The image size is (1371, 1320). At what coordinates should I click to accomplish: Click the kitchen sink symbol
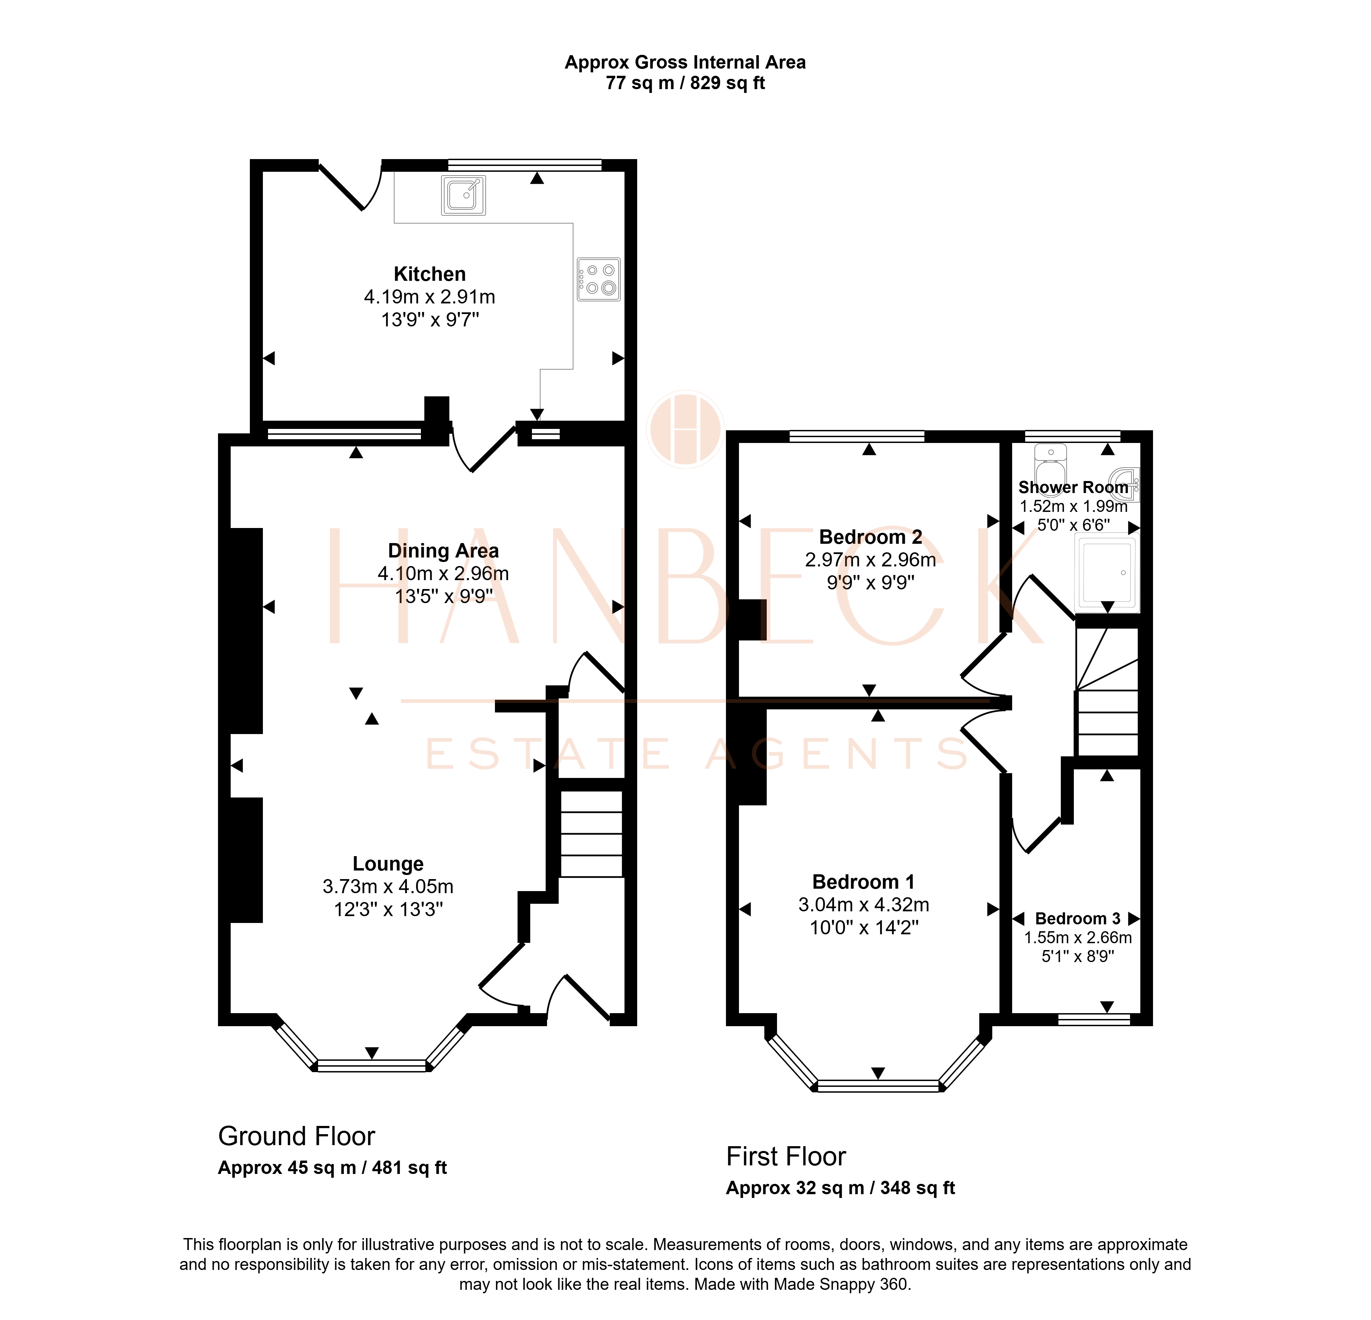click(463, 195)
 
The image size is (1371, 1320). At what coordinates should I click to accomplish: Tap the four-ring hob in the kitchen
click(599, 279)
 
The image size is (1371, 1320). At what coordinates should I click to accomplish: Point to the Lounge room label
click(388, 864)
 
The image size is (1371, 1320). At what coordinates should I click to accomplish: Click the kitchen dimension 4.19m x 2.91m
click(429, 297)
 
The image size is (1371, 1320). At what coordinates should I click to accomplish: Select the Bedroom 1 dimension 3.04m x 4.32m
click(864, 904)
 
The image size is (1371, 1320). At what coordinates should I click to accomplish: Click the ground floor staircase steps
click(592, 834)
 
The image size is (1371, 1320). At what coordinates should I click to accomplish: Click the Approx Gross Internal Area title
click(685, 62)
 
